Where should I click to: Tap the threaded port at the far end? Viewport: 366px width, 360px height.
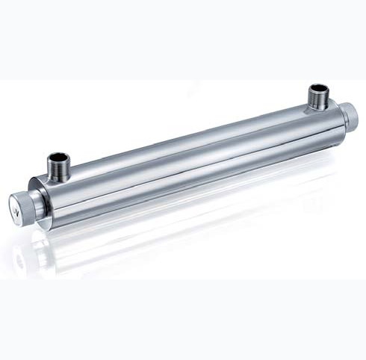tap(318, 97)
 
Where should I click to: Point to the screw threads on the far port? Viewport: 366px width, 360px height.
tap(318, 99)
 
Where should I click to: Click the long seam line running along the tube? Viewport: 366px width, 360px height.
tap(187, 161)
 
